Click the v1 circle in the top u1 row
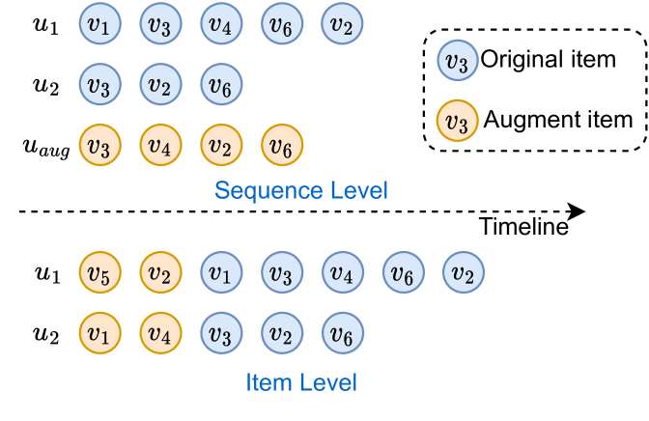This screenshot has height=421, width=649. pos(99,25)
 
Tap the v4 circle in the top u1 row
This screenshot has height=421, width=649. pos(221,25)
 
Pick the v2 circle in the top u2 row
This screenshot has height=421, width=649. pos(160,85)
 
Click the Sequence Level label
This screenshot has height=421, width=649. pos(301,190)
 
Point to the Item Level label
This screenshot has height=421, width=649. pos(301,382)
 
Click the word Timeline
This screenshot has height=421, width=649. pos(523,228)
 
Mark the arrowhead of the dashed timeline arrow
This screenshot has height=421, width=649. pos(578,211)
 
